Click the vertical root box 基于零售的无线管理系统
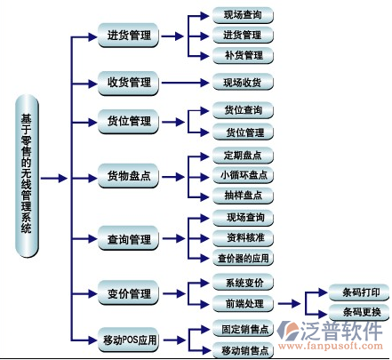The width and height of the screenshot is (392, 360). pyautogui.click(x=27, y=176)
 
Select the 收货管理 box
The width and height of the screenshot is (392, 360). pyautogui.click(x=128, y=83)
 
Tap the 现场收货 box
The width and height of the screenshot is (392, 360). pyautogui.click(x=243, y=82)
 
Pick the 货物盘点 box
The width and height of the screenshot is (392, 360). pyautogui.click(x=128, y=176)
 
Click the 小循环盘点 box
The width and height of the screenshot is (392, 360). pyautogui.click(x=243, y=175)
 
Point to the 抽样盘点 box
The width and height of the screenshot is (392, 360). pyautogui.click(x=243, y=196)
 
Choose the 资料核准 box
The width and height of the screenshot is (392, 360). pyautogui.click(x=243, y=238)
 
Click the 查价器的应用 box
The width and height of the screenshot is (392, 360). pyautogui.click(x=243, y=258)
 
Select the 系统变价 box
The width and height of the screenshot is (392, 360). pyautogui.click(x=243, y=283)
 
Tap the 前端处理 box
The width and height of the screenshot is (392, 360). pyautogui.click(x=243, y=303)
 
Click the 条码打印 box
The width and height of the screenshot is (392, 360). pyautogui.click(x=359, y=292)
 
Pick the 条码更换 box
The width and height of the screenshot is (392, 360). pyautogui.click(x=359, y=312)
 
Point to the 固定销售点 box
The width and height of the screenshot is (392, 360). pyautogui.click(x=243, y=328)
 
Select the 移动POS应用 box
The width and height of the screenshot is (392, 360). pyautogui.click(x=128, y=340)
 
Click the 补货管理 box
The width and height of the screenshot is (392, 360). pyautogui.click(x=243, y=55)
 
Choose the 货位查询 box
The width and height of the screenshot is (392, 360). pyautogui.click(x=243, y=110)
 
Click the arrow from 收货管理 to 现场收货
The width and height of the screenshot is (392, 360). pyautogui.click(x=185, y=83)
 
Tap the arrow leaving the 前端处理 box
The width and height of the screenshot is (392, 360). pyautogui.click(x=289, y=303)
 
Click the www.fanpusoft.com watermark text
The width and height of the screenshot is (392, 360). pyautogui.click(x=331, y=346)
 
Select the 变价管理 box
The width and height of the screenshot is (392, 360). pyautogui.click(x=128, y=293)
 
